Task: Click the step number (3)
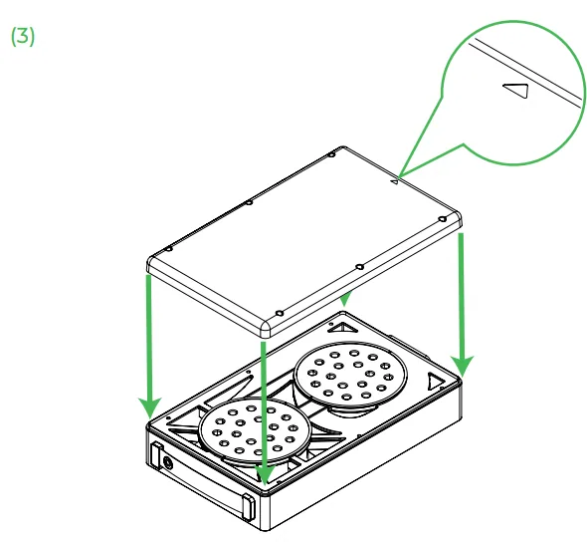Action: point(23,37)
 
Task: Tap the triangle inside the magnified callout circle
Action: point(517,91)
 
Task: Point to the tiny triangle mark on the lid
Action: point(395,181)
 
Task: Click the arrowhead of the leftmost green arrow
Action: point(150,407)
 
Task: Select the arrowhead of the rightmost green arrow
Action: point(463,366)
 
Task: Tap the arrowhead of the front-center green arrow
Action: point(265,475)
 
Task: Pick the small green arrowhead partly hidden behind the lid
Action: point(346,299)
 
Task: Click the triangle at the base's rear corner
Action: point(342,328)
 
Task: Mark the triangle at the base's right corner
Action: point(434,382)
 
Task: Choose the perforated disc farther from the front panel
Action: point(350,374)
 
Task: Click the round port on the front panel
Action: point(168,463)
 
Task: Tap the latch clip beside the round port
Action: point(156,454)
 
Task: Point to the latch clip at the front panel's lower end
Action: point(248,507)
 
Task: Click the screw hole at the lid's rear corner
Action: point(331,154)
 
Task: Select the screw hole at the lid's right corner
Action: point(443,219)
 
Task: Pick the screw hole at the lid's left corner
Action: point(169,249)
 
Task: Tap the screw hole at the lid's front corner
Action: point(279,313)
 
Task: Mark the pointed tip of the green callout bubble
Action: point(400,177)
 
